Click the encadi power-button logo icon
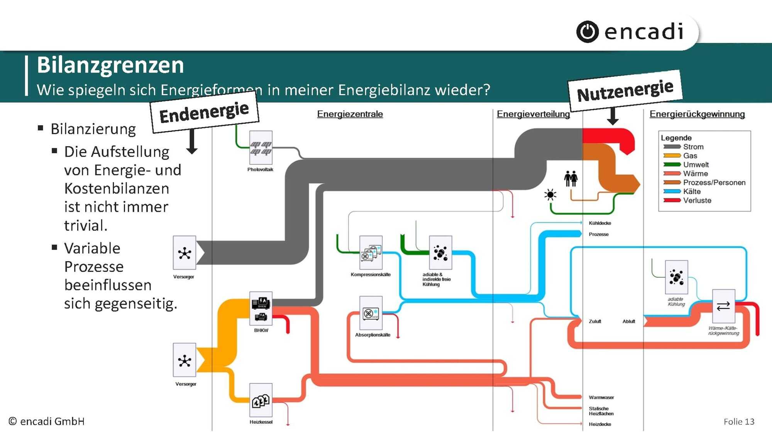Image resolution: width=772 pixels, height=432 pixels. coord(587,32)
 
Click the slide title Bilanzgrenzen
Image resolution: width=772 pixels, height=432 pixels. coord(110,65)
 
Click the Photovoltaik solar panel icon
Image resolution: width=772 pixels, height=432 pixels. coord(261,148)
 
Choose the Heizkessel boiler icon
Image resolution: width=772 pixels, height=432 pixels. coord(261,400)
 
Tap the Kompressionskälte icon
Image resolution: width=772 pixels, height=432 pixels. coord(371,252)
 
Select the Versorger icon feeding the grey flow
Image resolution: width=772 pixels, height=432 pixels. coord(185,253)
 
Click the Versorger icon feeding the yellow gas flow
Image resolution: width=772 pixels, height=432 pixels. coord(185,360)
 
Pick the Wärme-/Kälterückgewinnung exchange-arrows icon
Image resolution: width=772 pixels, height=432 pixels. coord(723,306)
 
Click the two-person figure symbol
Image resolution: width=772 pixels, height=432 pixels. coord(571,179)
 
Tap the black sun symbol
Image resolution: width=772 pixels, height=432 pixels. coord(550,194)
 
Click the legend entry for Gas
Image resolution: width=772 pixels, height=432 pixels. coord(690,155)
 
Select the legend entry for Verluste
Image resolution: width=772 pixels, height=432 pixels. coord(697,200)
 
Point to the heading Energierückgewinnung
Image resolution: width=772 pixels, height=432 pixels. coord(697,114)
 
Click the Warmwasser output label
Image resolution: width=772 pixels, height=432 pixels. coord(601,397)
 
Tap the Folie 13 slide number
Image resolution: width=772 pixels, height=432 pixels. coord(738,422)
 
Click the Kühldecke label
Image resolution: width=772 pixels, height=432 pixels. coord(600,223)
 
